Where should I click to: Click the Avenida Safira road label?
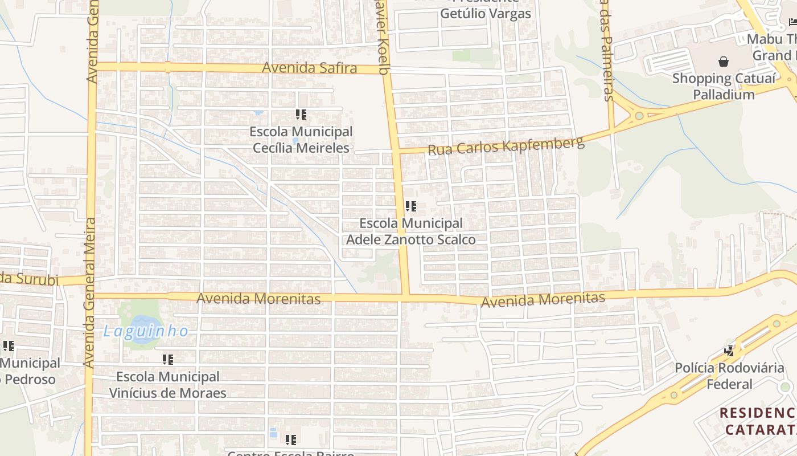[309, 68]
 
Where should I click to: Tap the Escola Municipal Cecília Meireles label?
[301, 140]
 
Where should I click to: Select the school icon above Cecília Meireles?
[301, 115]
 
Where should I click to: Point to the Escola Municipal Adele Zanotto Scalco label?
[410, 231]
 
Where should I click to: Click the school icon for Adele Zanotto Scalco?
[411, 206]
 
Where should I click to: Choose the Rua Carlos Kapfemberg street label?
[506, 146]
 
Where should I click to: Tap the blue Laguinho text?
[146, 331]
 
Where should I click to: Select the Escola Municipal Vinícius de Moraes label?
[167, 385]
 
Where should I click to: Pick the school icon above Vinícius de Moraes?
[167, 360]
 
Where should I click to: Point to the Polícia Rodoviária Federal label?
[729, 376]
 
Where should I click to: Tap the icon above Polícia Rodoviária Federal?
[729, 351]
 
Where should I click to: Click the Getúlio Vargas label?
[485, 13]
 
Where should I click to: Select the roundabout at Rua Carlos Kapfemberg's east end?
[639, 116]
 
